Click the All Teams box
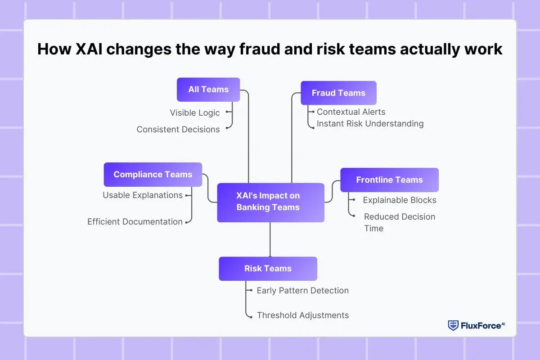[x=208, y=90]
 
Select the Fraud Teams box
[x=338, y=93]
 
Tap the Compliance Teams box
[x=153, y=175]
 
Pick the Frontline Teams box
[x=389, y=180]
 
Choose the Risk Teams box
[x=268, y=269]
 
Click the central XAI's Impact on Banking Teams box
[x=270, y=202]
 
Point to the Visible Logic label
[x=195, y=113]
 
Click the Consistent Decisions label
[x=178, y=130]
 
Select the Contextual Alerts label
[x=351, y=112]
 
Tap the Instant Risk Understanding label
[x=370, y=123]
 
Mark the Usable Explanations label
[x=143, y=195]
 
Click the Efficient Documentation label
[x=135, y=222]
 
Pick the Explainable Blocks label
[x=400, y=200]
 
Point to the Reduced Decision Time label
[x=399, y=222]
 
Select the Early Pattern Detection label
[x=302, y=291]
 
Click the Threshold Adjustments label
[x=302, y=315]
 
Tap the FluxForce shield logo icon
[x=453, y=325]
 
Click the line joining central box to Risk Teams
[x=270, y=239]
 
